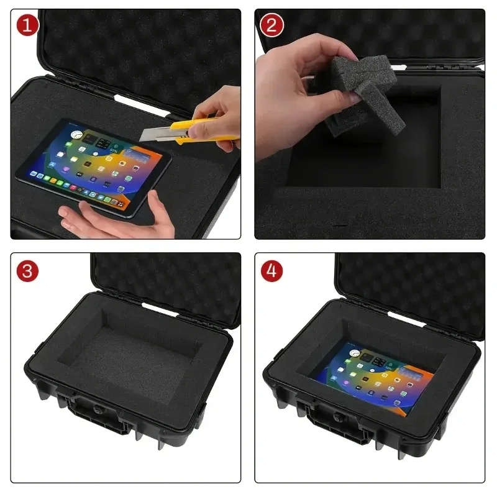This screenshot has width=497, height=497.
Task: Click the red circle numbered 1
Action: pyautogui.click(x=27, y=25)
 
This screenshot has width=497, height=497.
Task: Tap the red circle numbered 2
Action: pyautogui.click(x=271, y=25)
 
